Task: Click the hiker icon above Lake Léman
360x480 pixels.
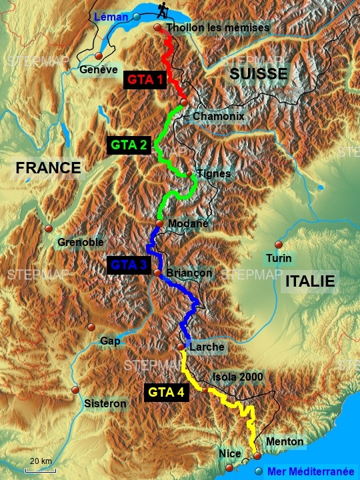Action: click(163, 10)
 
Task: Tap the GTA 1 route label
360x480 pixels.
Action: click(145, 80)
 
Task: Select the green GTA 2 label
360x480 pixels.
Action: click(129, 145)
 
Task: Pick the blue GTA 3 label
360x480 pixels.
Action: click(129, 265)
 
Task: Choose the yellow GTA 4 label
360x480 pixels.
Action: click(166, 392)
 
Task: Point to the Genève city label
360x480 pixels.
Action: click(98, 69)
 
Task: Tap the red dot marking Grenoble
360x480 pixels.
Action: click(48, 229)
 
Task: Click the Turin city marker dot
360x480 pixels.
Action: click(278, 245)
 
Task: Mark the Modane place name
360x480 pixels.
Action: click(189, 223)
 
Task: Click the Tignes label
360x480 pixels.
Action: click(214, 174)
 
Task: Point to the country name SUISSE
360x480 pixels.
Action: click(258, 74)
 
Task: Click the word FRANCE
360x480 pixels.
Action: click(48, 167)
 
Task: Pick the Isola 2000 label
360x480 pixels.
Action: click(238, 377)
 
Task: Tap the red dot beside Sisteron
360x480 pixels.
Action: click(75, 391)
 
